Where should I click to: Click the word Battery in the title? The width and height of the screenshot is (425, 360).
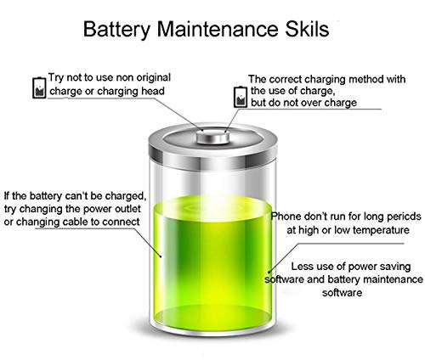point(116,29)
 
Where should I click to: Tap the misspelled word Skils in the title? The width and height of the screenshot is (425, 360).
point(307,28)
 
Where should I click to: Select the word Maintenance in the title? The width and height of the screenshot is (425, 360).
point(218,28)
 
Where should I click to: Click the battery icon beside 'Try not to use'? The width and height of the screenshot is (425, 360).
point(39,87)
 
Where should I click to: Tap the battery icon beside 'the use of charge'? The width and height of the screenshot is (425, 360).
point(241,97)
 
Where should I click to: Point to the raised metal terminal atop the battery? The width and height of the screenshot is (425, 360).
point(213,138)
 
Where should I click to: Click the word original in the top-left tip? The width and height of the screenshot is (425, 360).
point(153,78)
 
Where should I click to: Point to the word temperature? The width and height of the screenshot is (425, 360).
point(381,230)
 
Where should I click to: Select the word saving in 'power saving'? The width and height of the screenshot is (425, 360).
point(395,267)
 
